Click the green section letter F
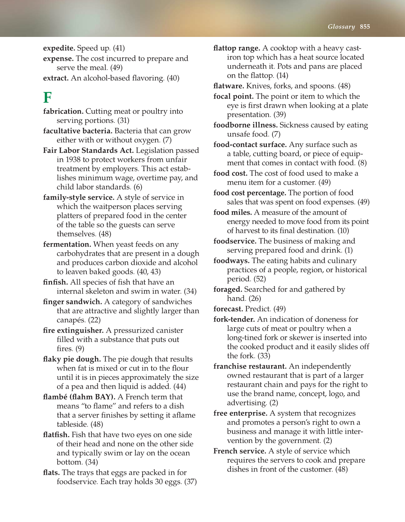point(47,98)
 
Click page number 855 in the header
point(365,27)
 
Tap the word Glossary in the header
point(341,27)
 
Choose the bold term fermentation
point(67,244)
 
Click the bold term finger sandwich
point(72,302)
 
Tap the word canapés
point(71,320)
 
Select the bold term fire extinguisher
point(73,330)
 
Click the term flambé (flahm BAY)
point(79,397)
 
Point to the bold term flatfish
point(56,435)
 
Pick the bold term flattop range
point(237,48)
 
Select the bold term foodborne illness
point(245,125)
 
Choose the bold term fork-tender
point(234,319)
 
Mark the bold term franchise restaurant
point(250,366)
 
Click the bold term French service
point(240,451)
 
